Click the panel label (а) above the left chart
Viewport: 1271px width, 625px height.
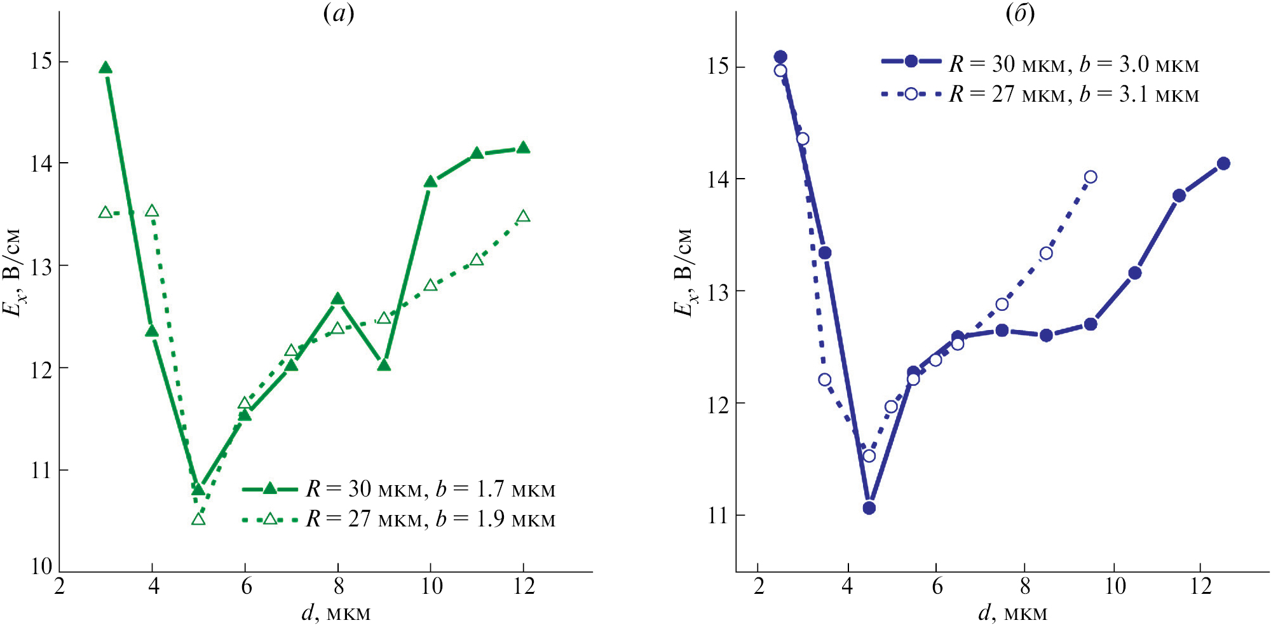[x=339, y=13]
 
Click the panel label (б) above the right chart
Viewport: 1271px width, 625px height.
[x=1020, y=13]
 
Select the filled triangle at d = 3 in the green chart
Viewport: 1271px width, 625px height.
[x=105, y=69]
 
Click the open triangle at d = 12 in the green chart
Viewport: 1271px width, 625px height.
[x=523, y=217]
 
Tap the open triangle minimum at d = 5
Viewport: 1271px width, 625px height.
[x=198, y=519]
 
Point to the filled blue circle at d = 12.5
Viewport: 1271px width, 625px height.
[x=1223, y=163]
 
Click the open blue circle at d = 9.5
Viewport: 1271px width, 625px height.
[x=1091, y=177]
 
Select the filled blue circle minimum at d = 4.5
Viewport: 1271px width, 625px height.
[x=869, y=507]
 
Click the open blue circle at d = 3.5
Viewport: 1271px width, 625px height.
[x=824, y=380]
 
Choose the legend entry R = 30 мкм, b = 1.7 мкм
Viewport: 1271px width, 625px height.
[x=398, y=489]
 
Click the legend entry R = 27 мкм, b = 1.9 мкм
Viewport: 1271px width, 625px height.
[x=398, y=519]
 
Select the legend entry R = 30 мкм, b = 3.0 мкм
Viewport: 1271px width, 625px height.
[x=1040, y=64]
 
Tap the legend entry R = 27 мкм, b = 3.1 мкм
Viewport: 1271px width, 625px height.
[x=1040, y=94]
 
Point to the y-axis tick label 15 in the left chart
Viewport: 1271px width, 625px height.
[x=42, y=62]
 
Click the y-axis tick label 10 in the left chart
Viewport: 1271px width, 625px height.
[x=42, y=566]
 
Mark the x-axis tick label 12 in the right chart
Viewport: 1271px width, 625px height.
[x=1200, y=586]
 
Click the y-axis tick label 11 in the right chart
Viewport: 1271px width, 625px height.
[x=718, y=515]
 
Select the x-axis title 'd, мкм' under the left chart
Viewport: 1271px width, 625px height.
[x=336, y=613]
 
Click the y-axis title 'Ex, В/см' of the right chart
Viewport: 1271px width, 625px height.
[x=683, y=271]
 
